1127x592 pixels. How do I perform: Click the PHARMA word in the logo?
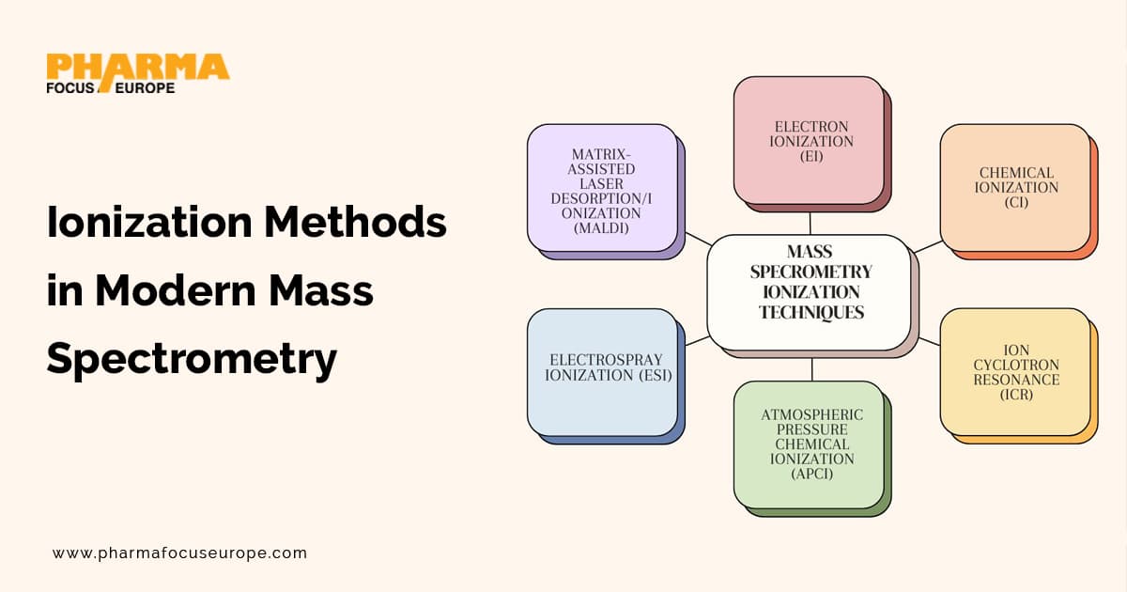[137, 67]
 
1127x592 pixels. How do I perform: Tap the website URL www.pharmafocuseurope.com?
[179, 553]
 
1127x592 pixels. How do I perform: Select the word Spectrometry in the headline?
[192, 359]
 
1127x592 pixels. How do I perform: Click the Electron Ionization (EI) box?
[810, 140]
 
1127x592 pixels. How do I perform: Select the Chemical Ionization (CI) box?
[1015, 187]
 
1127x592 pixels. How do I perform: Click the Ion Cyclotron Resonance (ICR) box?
[1015, 371]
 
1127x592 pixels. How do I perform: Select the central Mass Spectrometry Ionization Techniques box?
[810, 291]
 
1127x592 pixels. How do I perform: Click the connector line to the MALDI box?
[697, 239]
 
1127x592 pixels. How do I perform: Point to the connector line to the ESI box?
[696, 340]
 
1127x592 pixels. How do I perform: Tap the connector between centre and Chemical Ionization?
[927, 246]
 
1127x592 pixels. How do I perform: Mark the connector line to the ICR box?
[928, 341]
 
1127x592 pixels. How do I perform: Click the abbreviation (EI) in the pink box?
[811, 156]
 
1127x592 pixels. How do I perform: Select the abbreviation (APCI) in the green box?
[811, 474]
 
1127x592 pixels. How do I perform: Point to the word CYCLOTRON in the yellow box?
[1017, 365]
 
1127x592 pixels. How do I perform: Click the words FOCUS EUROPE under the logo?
[110, 87]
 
